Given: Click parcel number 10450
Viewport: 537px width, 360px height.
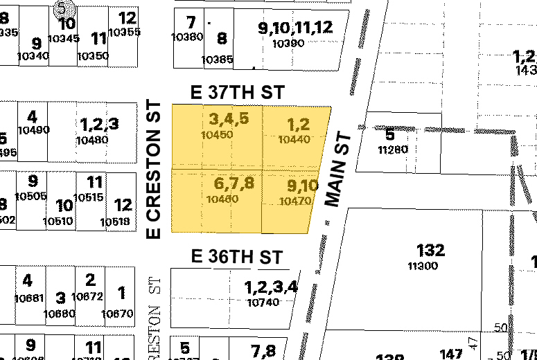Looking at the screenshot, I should tap(216, 135).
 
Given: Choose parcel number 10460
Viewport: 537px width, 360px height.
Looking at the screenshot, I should tap(222, 199).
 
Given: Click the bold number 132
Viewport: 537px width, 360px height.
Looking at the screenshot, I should tap(430, 250).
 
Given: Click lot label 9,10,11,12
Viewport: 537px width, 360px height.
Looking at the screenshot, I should tap(295, 28).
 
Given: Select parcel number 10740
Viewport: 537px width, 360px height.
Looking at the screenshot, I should tap(263, 302).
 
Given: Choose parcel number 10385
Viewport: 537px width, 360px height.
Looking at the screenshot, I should tap(217, 60).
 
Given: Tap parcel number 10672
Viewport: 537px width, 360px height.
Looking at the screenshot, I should tap(88, 296).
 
